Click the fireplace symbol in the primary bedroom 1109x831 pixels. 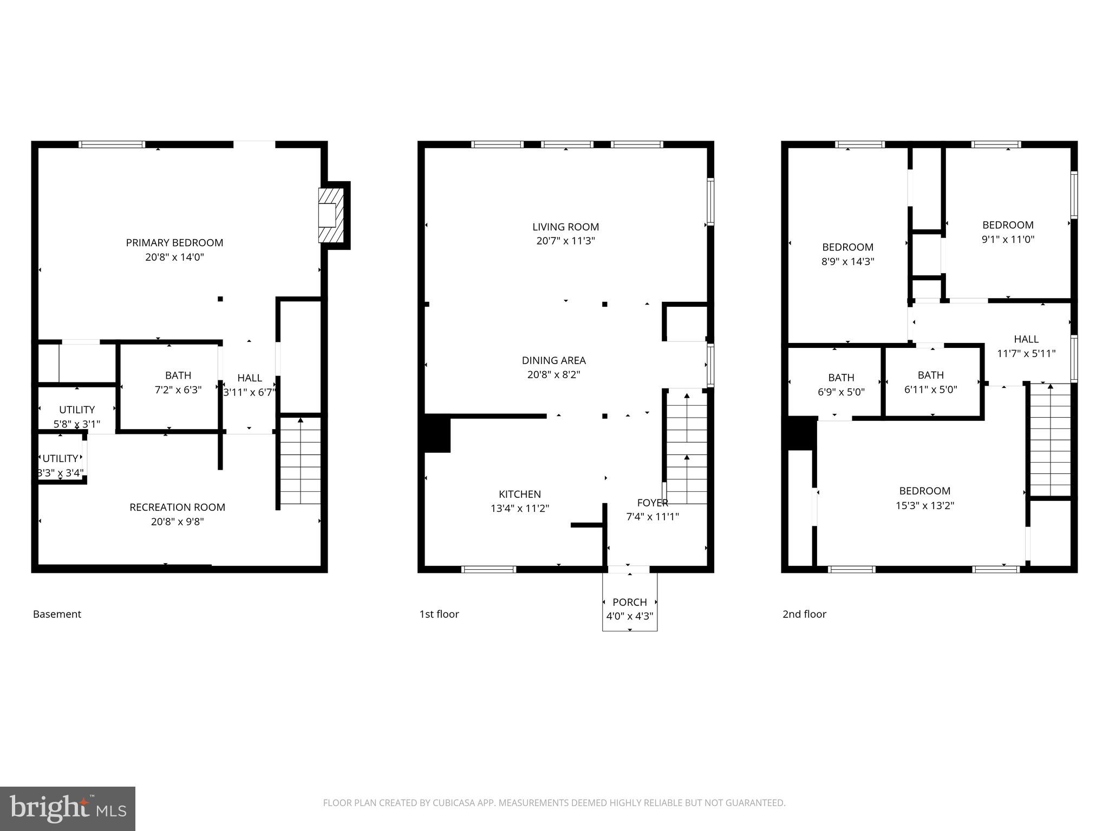(x=331, y=215)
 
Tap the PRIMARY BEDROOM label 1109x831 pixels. (x=174, y=243)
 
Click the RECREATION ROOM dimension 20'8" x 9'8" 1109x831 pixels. (x=177, y=522)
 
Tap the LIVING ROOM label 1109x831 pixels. (x=565, y=227)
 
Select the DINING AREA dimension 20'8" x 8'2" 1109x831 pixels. (x=553, y=374)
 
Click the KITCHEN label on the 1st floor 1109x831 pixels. (x=519, y=494)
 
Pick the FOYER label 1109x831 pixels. (x=653, y=503)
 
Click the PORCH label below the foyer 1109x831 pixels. (x=629, y=602)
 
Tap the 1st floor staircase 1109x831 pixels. (x=686, y=446)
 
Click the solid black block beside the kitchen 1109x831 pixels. (x=437, y=433)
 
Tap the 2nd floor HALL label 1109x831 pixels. (x=1026, y=339)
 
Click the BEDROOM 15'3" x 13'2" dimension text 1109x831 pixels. (x=924, y=505)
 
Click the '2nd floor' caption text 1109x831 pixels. (x=804, y=614)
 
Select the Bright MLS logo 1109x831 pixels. (x=68, y=809)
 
